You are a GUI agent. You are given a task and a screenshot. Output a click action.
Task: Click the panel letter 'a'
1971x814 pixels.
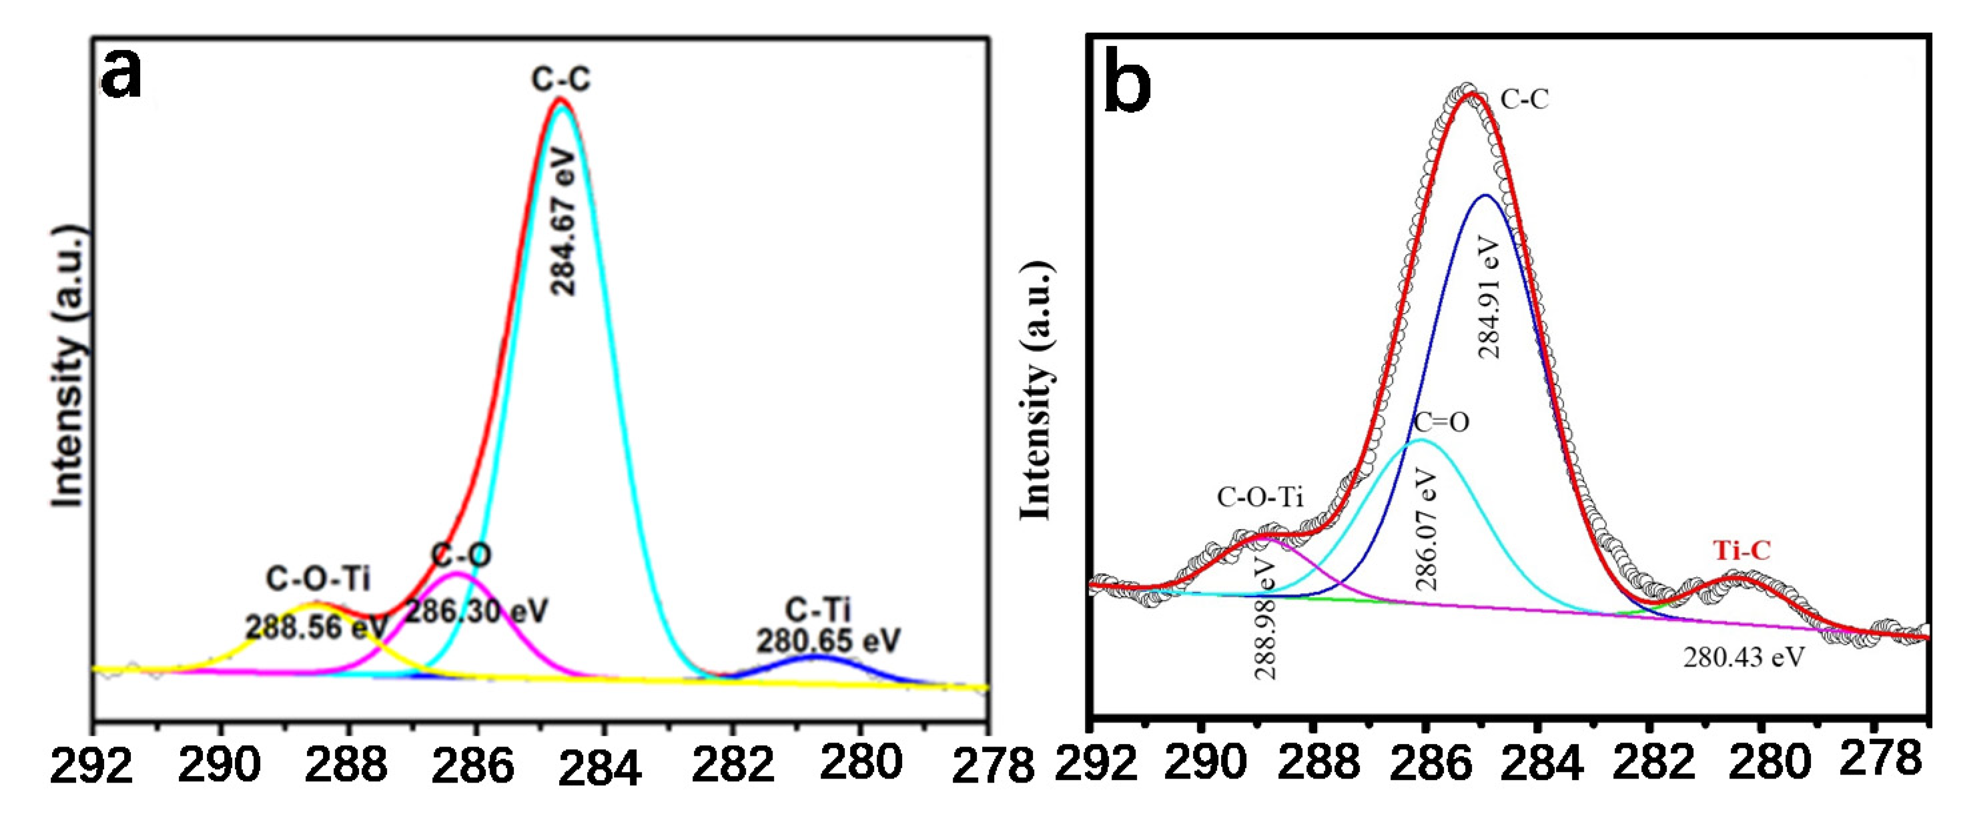pos(122,77)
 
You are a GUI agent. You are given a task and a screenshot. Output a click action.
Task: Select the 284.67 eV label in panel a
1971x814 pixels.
pos(564,222)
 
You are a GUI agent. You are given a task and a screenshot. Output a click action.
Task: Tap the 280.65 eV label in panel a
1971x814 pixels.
pos(829,641)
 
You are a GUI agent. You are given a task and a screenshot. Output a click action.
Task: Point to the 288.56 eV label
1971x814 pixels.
pos(317,627)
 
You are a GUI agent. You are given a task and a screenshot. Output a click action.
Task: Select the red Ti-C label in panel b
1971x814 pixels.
pos(1741,551)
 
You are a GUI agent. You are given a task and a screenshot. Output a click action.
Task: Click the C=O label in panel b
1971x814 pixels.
pos(1441,422)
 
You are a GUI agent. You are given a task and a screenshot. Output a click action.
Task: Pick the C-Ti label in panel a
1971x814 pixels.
pos(818,610)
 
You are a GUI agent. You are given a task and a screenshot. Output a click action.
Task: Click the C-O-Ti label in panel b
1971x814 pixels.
pos(1260,497)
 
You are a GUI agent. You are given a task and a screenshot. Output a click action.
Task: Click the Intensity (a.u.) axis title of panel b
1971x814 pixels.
pos(1037,390)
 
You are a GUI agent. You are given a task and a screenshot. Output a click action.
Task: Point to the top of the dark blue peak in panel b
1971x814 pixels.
pos(1485,196)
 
